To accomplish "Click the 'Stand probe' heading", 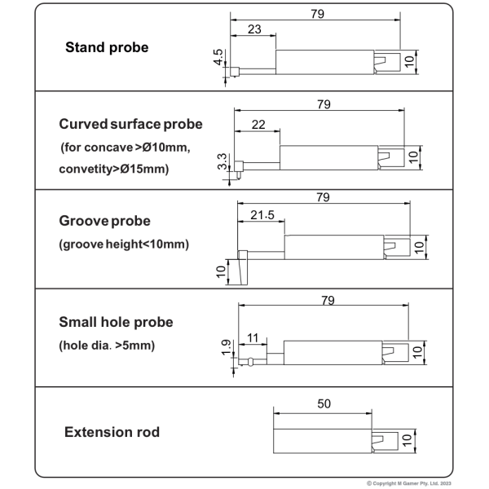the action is click(x=107, y=48).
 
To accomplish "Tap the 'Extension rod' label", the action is click(x=112, y=432).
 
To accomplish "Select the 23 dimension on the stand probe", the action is click(x=254, y=29).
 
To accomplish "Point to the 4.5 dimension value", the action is click(x=218, y=57).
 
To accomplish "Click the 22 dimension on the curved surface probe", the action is click(x=258, y=125).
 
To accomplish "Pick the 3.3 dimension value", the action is click(x=222, y=161).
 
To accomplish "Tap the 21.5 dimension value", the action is click(x=262, y=215).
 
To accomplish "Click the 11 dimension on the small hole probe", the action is click(x=253, y=338).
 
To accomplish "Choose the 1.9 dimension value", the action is click(x=226, y=347).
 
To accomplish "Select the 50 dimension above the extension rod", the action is click(x=324, y=404).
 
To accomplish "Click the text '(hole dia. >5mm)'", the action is click(x=107, y=346).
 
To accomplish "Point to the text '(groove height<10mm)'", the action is click(x=124, y=244).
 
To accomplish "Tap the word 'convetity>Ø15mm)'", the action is click(x=114, y=169).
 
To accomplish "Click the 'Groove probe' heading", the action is click(x=104, y=221).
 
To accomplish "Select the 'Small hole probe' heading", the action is click(x=116, y=322).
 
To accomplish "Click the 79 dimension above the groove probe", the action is click(x=323, y=197).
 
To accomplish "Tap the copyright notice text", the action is click(x=409, y=483).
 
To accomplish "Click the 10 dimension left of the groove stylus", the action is click(x=221, y=271).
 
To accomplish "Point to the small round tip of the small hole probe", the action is click(x=250, y=362).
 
